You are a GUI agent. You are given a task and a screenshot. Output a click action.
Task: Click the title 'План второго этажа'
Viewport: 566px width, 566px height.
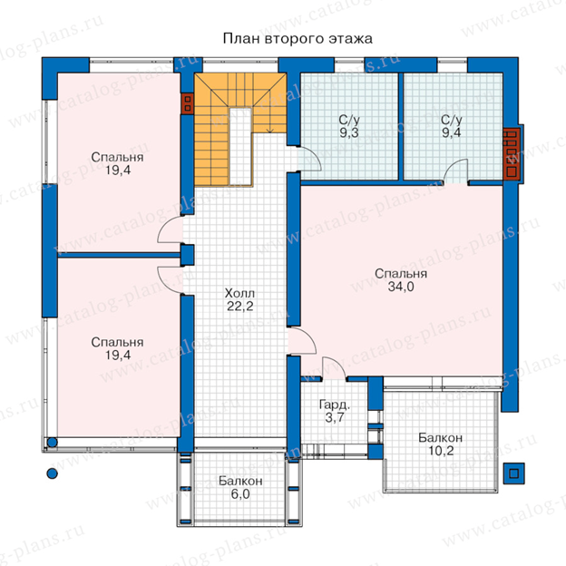click(298, 39)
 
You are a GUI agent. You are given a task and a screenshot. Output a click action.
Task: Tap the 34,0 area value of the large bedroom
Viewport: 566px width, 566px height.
click(401, 287)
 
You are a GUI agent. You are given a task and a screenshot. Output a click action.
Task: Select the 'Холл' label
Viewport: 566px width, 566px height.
click(239, 293)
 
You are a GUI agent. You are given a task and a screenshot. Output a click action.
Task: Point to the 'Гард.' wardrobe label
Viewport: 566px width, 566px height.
click(335, 405)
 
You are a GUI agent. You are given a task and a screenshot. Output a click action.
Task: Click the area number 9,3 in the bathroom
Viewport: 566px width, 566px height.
click(349, 132)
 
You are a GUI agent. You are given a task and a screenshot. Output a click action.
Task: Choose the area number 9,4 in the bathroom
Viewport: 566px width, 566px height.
click(451, 132)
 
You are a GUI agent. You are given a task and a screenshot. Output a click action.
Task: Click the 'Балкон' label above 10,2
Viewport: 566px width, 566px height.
click(441, 437)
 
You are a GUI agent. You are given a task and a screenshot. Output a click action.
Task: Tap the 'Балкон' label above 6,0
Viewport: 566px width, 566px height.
click(240, 481)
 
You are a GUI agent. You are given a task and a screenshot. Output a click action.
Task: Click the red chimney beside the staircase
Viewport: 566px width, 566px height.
click(188, 103)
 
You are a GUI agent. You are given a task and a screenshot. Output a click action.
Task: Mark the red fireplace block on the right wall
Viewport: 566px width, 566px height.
click(512, 154)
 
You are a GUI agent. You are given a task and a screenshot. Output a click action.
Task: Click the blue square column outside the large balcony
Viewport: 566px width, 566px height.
click(514, 473)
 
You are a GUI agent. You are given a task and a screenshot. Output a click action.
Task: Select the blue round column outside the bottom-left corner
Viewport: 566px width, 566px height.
click(53, 473)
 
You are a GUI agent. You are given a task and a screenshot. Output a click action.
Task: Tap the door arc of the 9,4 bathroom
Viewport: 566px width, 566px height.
click(455, 170)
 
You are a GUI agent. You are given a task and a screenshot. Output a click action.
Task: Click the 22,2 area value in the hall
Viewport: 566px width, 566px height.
click(240, 306)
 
